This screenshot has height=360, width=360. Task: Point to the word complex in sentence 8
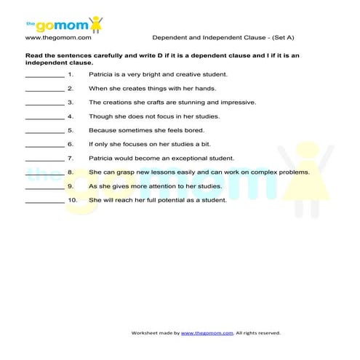coord(270,172)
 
